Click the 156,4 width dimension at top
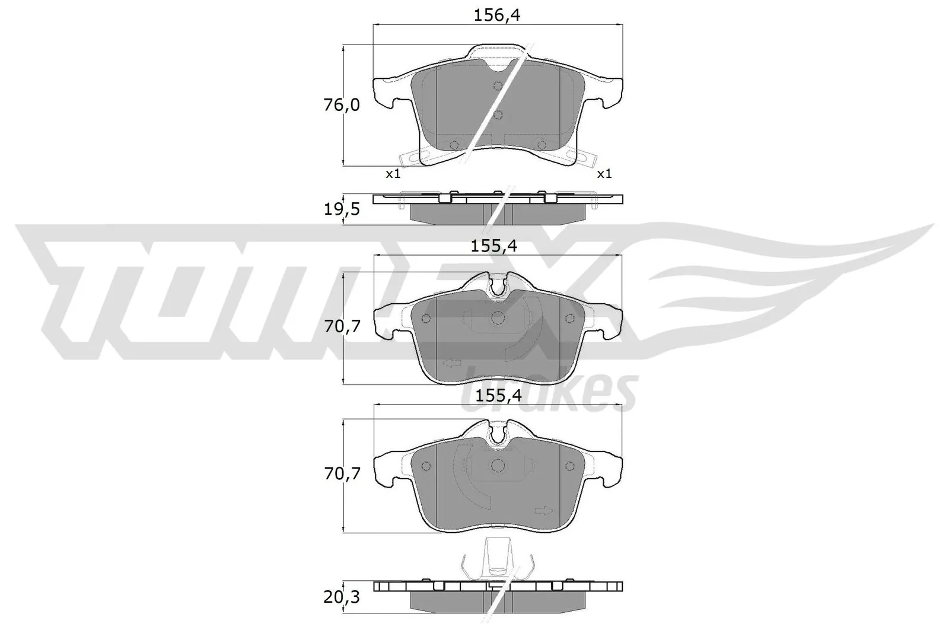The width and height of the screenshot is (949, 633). pyautogui.click(x=497, y=16)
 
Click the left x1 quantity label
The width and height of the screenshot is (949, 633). pyautogui.click(x=393, y=174)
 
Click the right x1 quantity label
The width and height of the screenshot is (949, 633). pyautogui.click(x=604, y=174)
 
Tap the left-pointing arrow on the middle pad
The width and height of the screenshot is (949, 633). pyautogui.click(x=452, y=363)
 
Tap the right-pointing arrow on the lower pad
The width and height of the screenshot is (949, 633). pyautogui.click(x=543, y=510)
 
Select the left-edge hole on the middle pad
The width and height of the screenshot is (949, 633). pyautogui.click(x=425, y=319)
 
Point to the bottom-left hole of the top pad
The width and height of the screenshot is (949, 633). pyautogui.click(x=455, y=145)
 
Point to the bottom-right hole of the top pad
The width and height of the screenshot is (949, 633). pyautogui.click(x=541, y=145)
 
